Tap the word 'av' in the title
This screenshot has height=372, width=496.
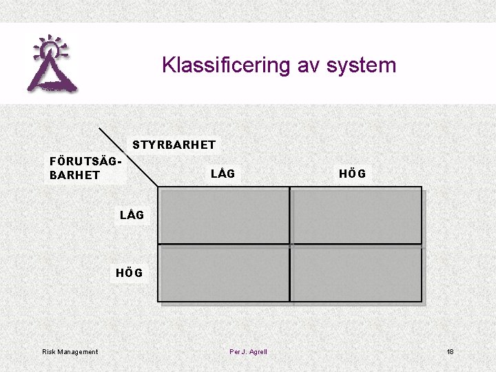point(308,65)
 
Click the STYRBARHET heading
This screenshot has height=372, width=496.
point(174,145)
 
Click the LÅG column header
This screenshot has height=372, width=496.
point(223,174)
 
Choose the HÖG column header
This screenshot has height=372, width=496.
point(352,174)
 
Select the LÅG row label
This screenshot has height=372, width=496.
point(132,215)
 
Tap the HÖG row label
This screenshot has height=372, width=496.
point(130,273)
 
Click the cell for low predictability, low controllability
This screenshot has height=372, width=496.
point(224,216)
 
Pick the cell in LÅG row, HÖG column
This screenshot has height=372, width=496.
point(355,216)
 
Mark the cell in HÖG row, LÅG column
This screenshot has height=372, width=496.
point(224,273)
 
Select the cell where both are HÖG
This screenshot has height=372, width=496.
point(355,273)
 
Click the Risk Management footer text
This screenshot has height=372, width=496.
point(70,352)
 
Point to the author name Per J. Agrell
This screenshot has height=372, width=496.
point(248,352)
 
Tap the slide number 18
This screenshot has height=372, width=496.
point(450,352)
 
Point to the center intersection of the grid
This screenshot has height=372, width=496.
point(290,245)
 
